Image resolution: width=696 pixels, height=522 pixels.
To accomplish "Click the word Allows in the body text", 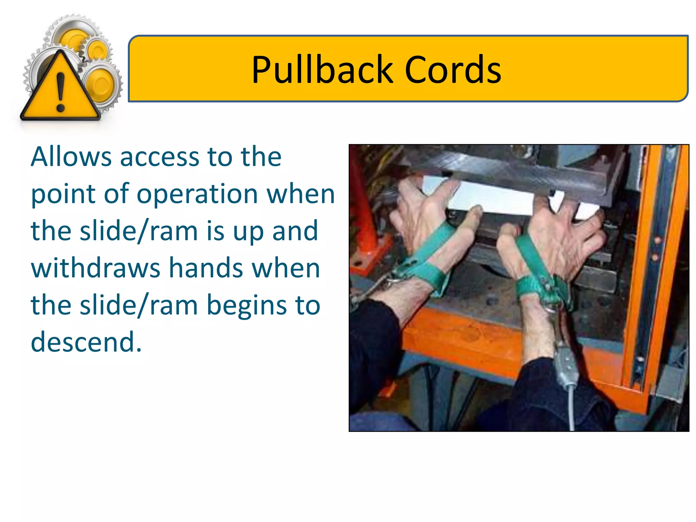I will click(71, 157).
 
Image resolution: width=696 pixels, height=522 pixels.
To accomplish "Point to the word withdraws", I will click(95, 268).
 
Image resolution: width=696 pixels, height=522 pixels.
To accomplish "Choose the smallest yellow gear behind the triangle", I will click(98, 50).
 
